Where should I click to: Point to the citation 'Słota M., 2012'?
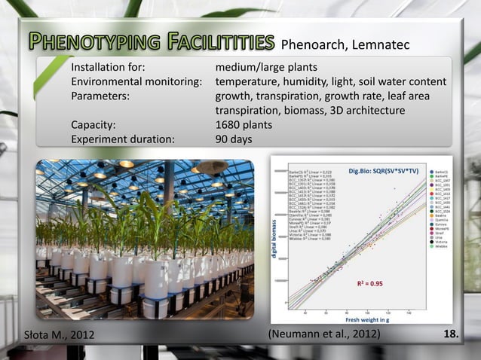tap(57, 334)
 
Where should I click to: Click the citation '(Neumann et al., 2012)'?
tap(324, 334)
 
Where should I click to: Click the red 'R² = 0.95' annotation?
tap(371, 284)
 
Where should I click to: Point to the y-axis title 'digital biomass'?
tap(275, 241)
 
